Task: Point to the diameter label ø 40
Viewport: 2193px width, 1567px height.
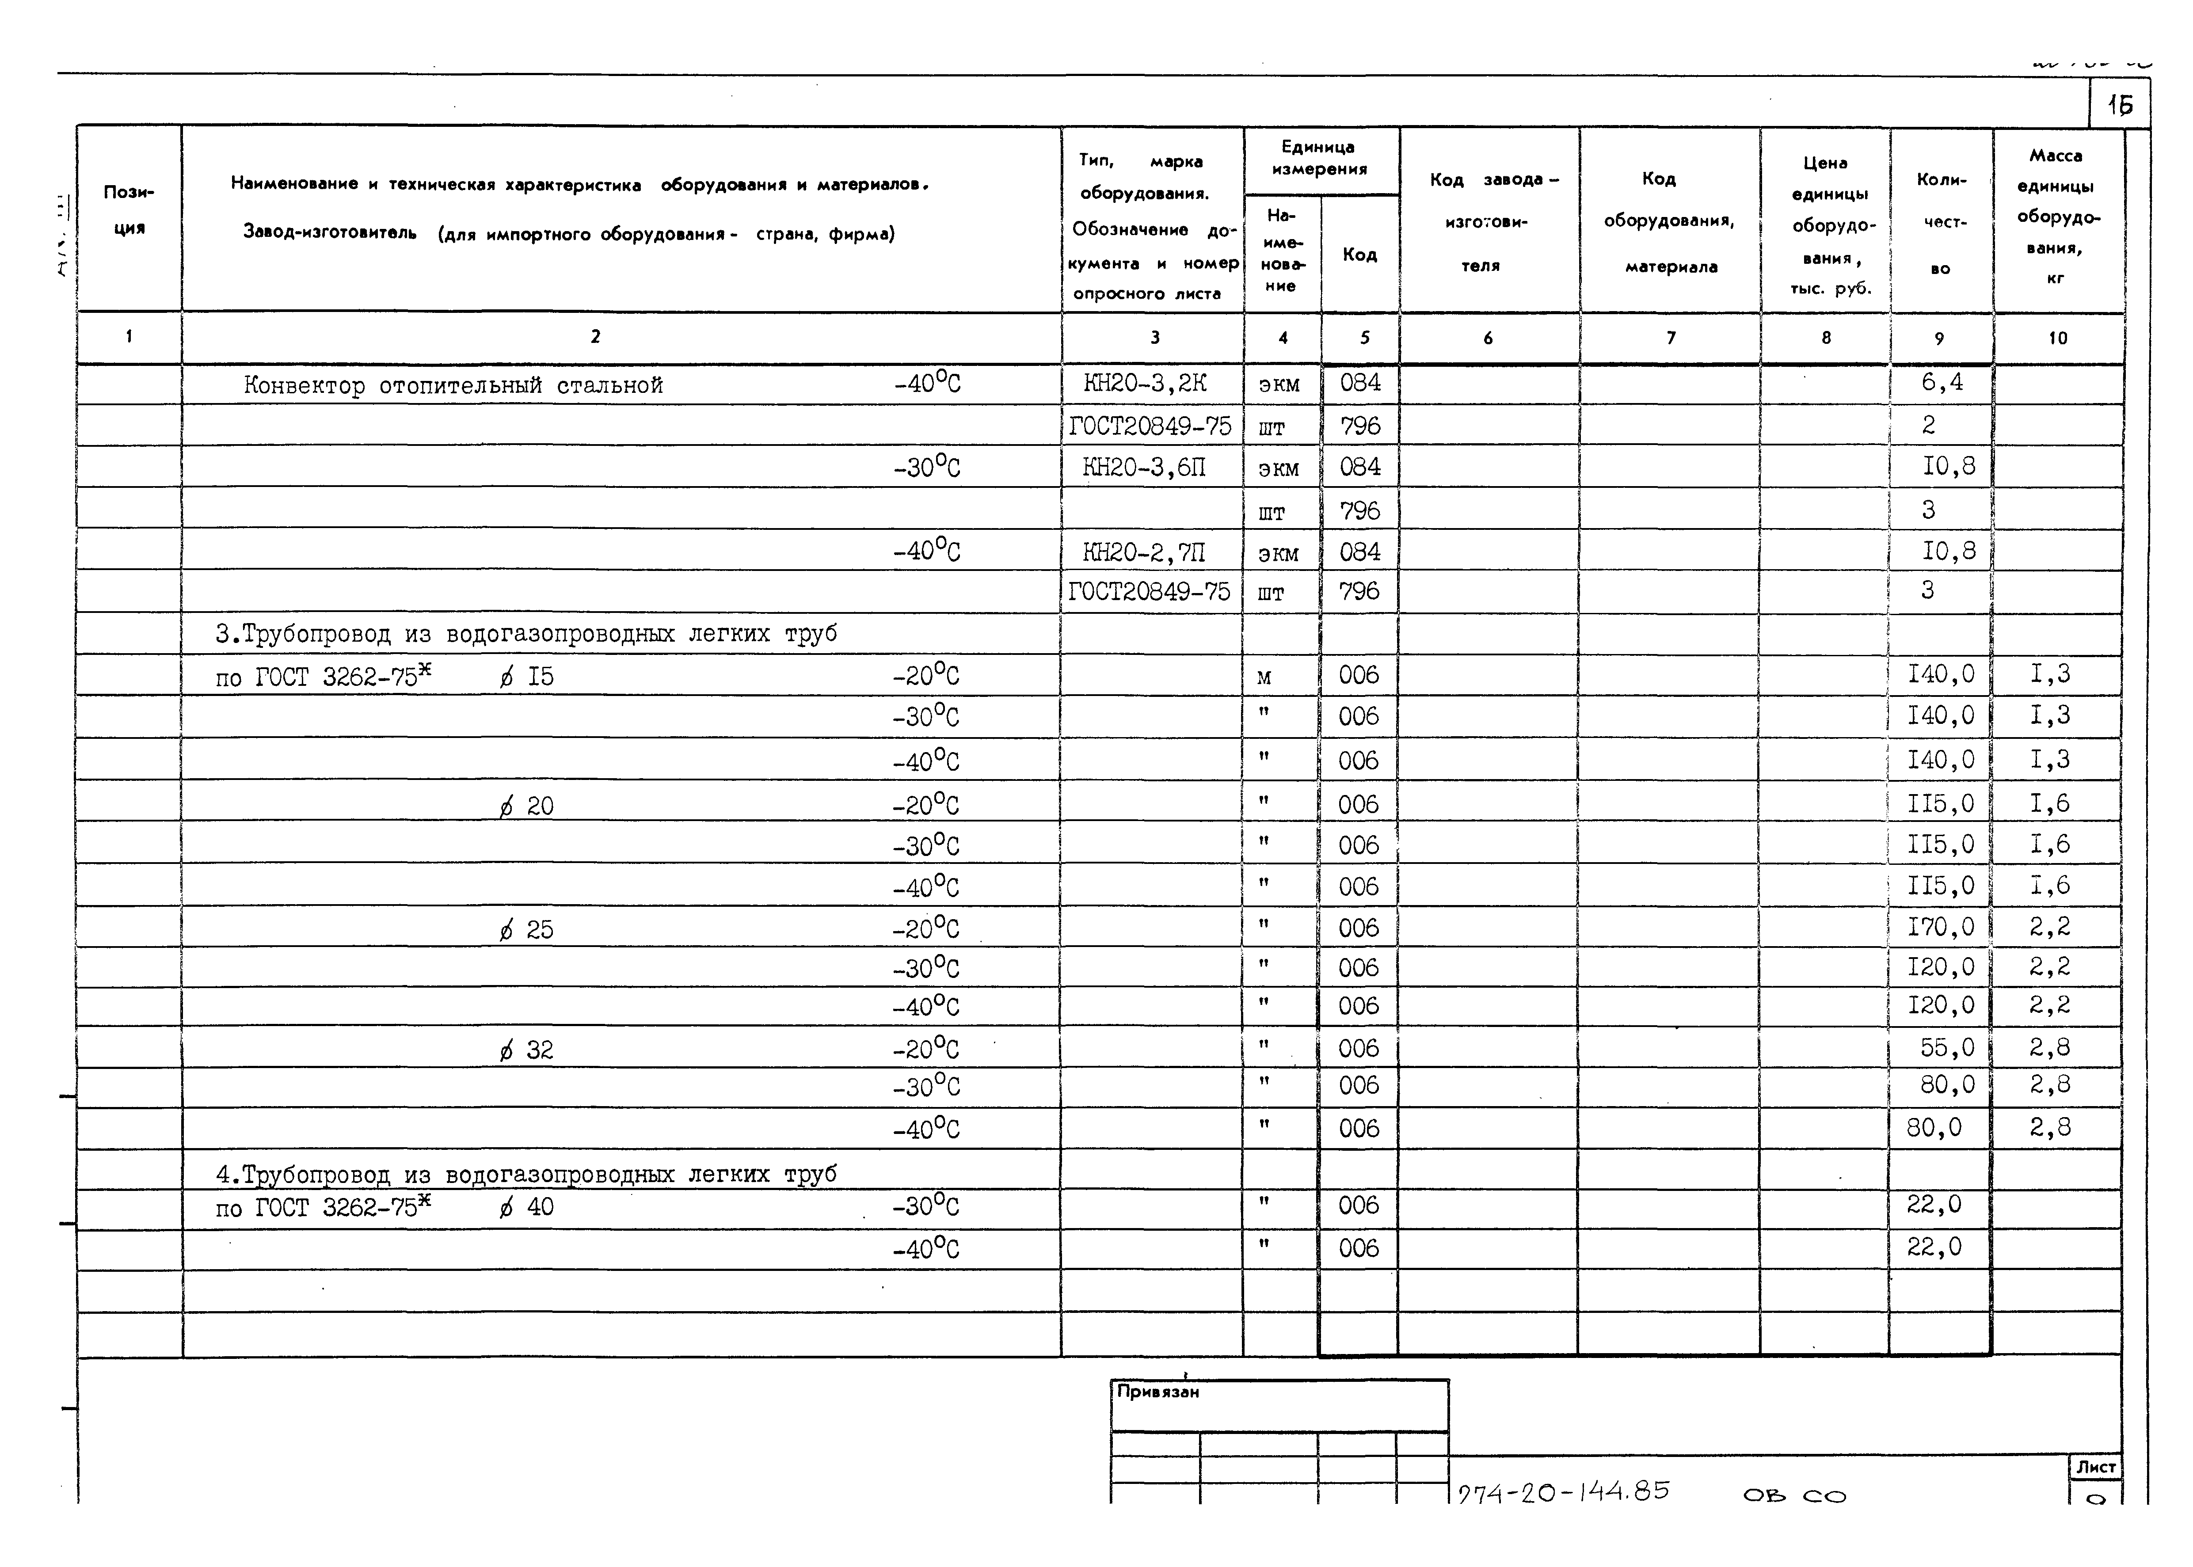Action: tap(527, 1207)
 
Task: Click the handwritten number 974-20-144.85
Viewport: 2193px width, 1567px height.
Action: tap(1563, 1492)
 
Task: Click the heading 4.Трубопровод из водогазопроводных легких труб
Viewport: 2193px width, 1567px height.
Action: tap(526, 1174)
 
